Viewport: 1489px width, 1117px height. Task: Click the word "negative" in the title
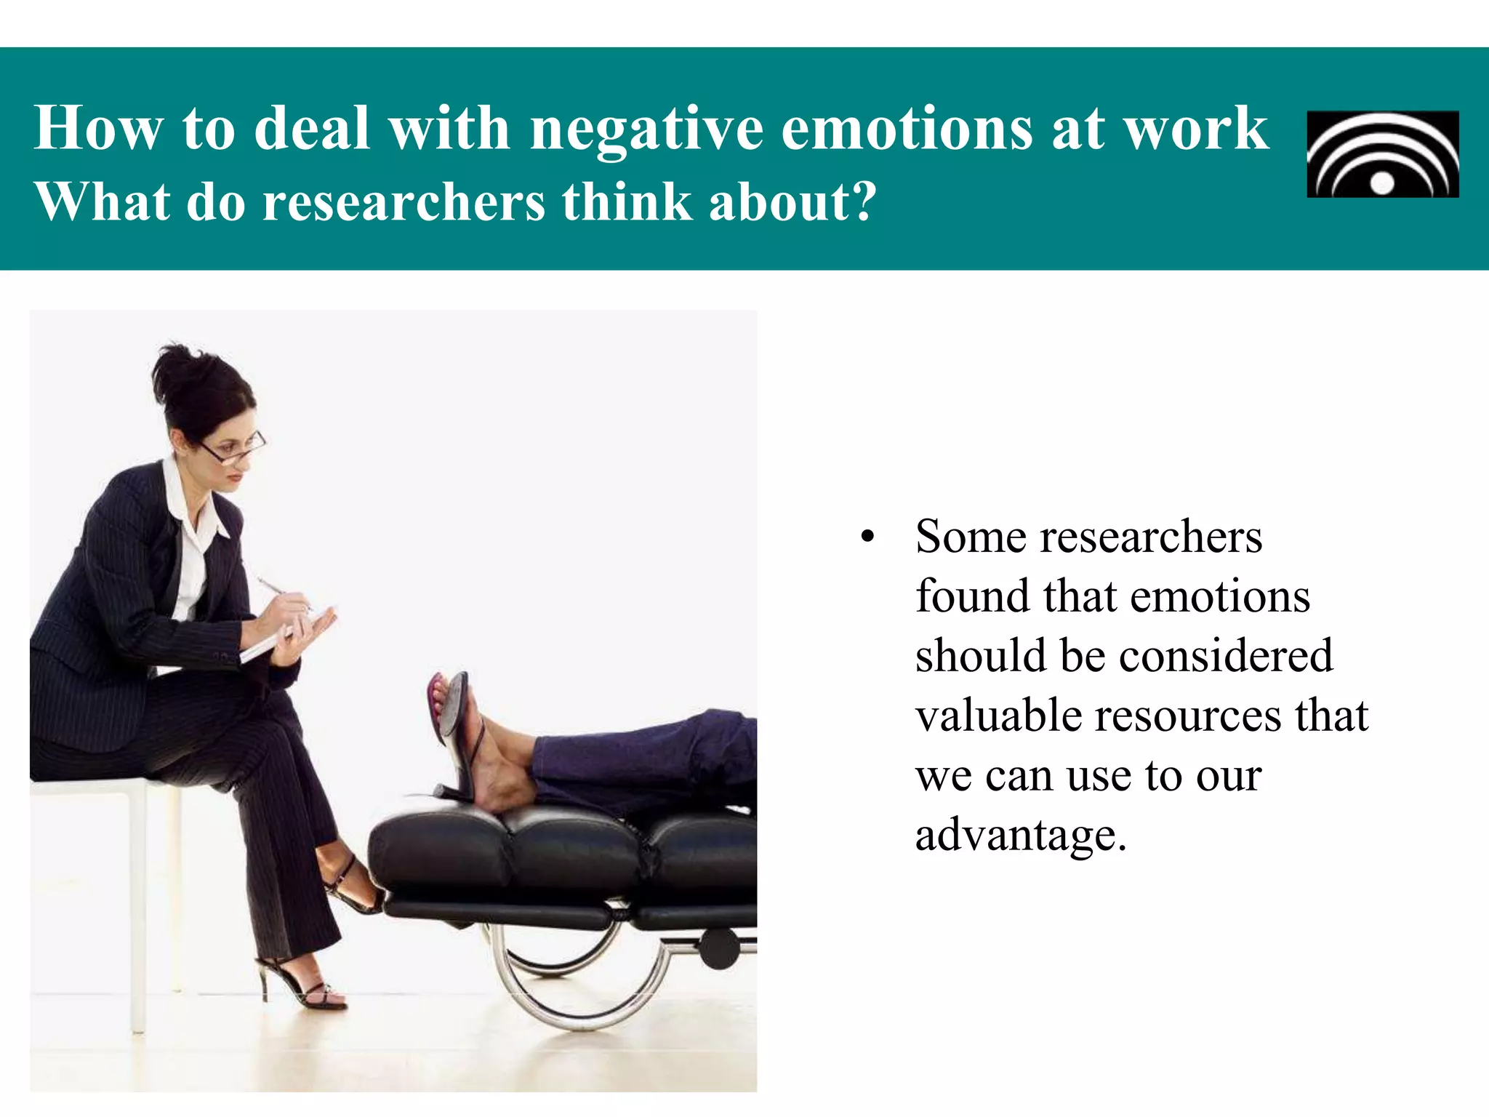point(646,129)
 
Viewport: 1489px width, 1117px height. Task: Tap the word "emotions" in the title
point(907,129)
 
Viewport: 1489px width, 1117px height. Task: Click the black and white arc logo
point(1382,154)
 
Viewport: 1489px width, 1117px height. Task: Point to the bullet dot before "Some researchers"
point(866,539)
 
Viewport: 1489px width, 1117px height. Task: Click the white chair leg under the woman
point(137,909)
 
